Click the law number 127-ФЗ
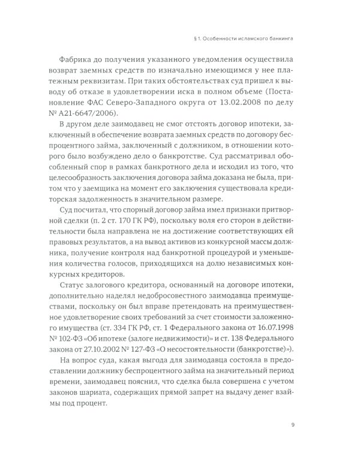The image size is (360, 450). pyautogui.click(x=147, y=356)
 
